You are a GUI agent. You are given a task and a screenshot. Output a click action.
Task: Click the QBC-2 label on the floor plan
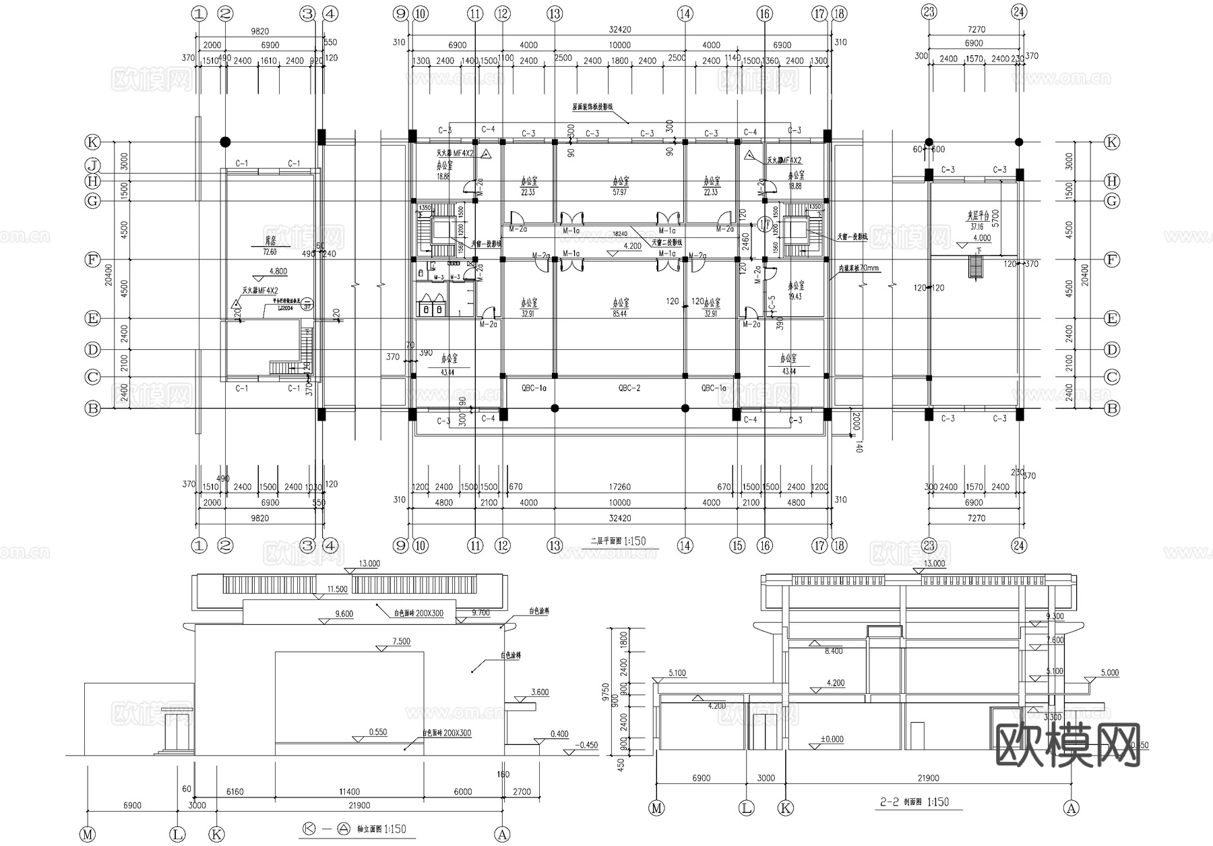pyautogui.click(x=629, y=388)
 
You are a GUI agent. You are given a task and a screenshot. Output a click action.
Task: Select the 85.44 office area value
pyautogui.click(x=619, y=314)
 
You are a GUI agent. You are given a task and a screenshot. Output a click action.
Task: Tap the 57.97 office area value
pyautogui.click(x=619, y=192)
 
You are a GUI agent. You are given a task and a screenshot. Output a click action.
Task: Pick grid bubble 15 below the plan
pyautogui.click(x=738, y=545)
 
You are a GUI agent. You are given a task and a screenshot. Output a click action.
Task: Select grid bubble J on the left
pyautogui.click(x=92, y=165)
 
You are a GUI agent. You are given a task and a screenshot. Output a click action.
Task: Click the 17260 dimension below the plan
pyautogui.click(x=619, y=487)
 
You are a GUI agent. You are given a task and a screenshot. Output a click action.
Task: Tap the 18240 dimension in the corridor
pyautogui.click(x=619, y=233)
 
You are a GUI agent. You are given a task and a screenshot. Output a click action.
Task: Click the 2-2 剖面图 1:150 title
pyautogui.click(x=914, y=802)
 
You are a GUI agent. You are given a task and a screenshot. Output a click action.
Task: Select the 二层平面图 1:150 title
pyautogui.click(x=618, y=541)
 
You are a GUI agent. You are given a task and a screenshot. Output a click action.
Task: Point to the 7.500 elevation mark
pyautogui.click(x=400, y=642)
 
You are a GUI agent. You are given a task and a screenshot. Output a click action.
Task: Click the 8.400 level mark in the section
pyautogui.click(x=834, y=651)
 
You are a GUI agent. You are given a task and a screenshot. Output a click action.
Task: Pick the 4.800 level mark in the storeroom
pyautogui.click(x=278, y=272)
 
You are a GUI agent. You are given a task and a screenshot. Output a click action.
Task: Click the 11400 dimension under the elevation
pyautogui.click(x=349, y=792)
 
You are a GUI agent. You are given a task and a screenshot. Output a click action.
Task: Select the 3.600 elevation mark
pyautogui.click(x=540, y=692)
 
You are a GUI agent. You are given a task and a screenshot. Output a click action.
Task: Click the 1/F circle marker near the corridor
pyautogui.click(x=764, y=224)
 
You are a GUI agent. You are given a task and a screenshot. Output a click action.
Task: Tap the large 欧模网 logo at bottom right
pyautogui.click(x=1067, y=746)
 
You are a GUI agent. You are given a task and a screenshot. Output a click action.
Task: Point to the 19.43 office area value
pyautogui.click(x=795, y=297)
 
